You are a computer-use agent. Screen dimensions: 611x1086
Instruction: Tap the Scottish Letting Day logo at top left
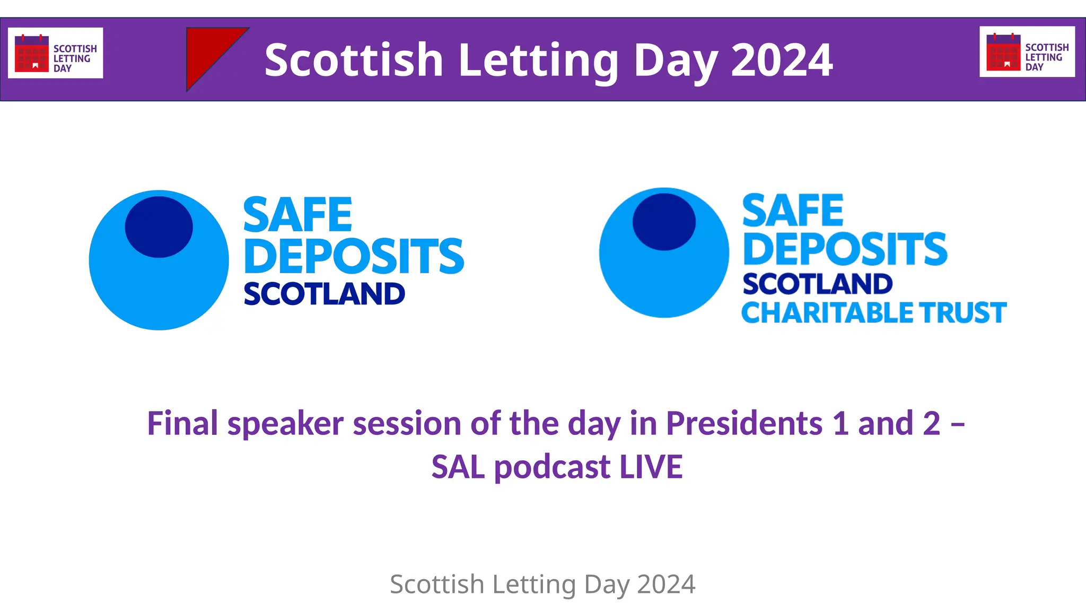pos(56,53)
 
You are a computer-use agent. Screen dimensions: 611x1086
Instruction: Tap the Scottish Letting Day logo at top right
pos(1027,52)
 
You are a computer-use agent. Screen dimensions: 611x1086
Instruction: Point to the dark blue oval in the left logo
pos(159,227)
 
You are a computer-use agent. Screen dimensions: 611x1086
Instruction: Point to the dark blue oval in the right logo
pos(664,222)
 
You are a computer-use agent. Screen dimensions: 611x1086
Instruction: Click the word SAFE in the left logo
pos(297,215)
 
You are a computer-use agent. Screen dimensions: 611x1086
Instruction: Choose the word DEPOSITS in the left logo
pos(354,257)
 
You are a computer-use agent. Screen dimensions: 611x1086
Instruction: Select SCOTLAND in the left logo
pos(324,294)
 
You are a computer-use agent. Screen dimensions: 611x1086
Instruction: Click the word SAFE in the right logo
pos(793,211)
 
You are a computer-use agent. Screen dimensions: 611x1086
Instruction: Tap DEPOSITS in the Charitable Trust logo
pos(845,249)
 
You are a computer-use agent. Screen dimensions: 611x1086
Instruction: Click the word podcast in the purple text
pos(552,467)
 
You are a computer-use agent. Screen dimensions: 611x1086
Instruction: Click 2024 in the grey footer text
pos(666,584)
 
